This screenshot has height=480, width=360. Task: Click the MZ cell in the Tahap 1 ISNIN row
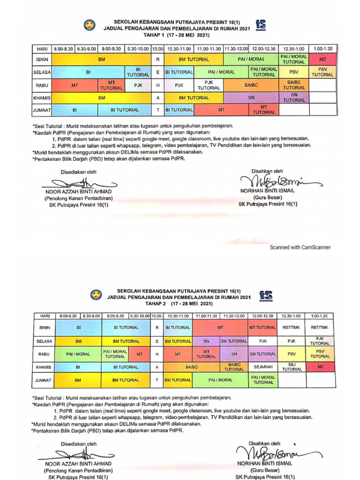point(323,60)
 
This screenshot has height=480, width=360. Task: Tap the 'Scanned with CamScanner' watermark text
point(300,247)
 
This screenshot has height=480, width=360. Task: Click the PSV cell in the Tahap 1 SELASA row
point(294,72)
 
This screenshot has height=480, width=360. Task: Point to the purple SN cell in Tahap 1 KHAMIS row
point(251,97)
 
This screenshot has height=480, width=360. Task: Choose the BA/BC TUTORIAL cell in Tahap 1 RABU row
point(294,85)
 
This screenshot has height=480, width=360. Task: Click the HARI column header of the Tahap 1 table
point(41,49)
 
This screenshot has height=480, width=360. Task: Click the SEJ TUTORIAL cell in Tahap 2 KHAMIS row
point(292,367)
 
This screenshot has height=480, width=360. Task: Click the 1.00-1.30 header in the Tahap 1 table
point(323,49)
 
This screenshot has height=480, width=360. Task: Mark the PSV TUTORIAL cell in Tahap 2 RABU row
point(321,354)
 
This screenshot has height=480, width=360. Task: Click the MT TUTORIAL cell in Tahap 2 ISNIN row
point(262,328)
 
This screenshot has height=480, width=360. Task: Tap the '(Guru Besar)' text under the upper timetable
point(267,197)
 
